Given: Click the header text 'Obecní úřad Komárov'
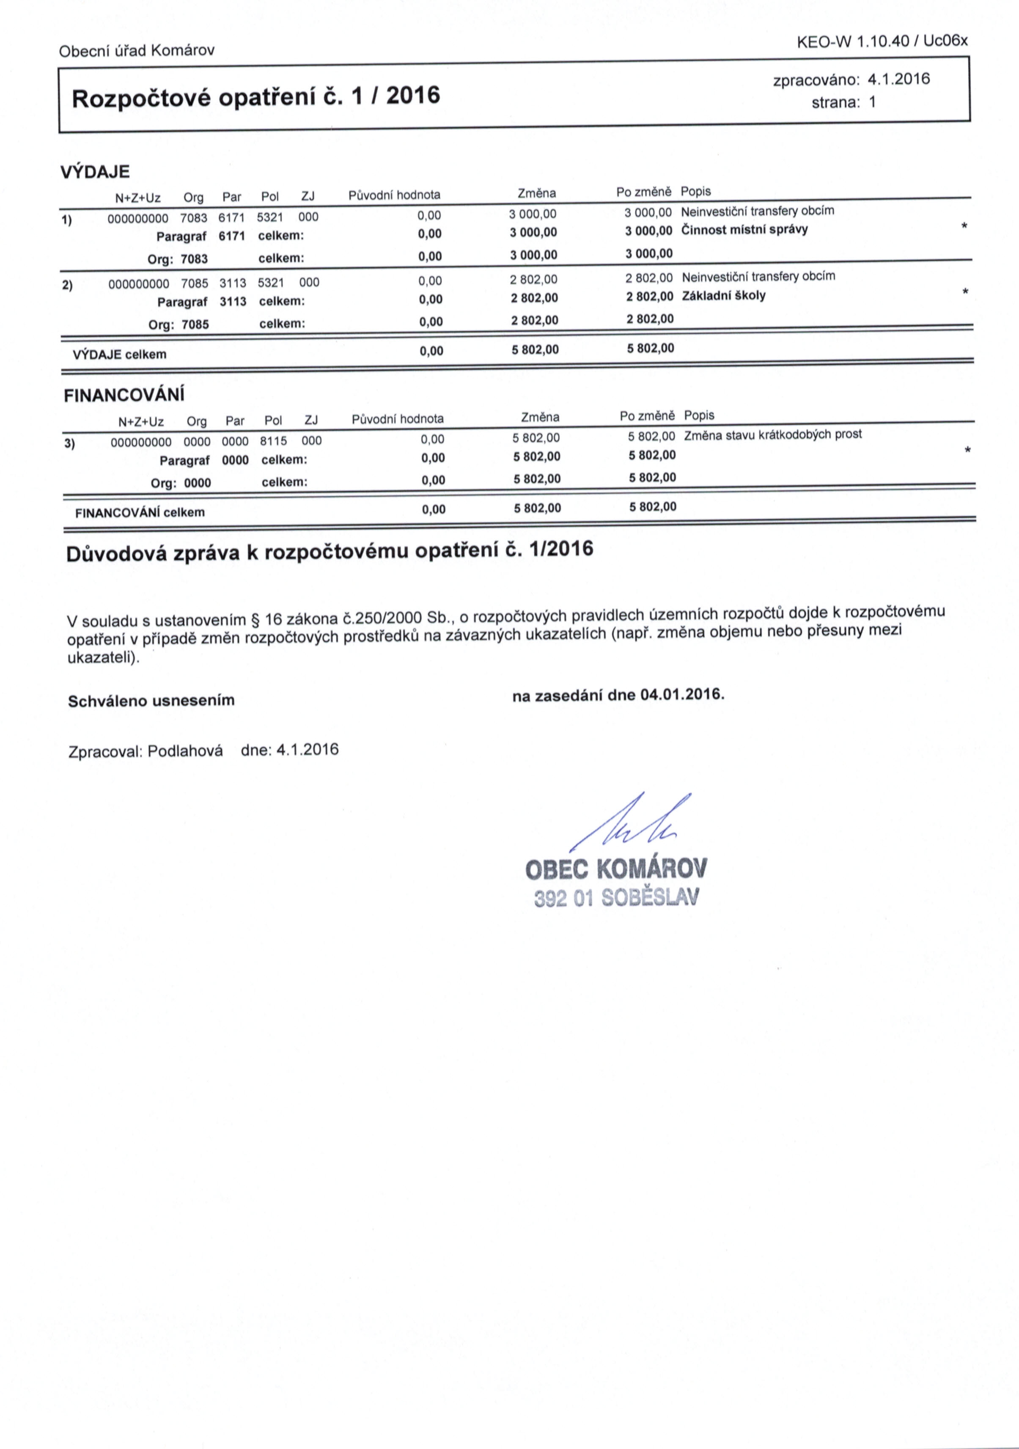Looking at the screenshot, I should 136,50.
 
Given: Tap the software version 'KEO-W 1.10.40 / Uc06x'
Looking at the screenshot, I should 882,41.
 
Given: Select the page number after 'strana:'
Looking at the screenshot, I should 873,102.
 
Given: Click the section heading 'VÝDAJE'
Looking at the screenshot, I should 95,172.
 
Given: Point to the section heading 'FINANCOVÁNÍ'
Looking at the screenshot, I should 124,395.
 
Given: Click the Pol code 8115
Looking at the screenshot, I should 273,440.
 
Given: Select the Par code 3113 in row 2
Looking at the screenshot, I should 233,282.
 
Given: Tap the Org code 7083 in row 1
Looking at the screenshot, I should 194,218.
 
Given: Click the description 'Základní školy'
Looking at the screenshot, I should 724,295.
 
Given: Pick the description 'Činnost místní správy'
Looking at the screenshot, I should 744,229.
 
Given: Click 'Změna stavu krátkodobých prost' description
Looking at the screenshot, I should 773,434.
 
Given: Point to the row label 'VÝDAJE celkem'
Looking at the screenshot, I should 120,354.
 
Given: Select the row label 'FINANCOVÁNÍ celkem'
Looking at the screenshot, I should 140,512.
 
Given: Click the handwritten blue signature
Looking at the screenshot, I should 631,822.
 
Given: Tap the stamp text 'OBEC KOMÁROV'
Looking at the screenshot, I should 616,869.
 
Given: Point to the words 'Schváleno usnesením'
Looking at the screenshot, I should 151,701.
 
